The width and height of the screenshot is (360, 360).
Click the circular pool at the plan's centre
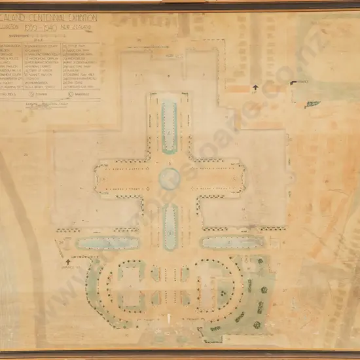[x=169, y=178]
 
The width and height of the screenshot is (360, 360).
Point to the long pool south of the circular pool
[x=169, y=226]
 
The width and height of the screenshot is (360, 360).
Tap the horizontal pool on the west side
[x=105, y=242]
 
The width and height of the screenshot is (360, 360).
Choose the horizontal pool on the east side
[x=232, y=242]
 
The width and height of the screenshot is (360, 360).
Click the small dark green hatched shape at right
[x=313, y=104]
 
